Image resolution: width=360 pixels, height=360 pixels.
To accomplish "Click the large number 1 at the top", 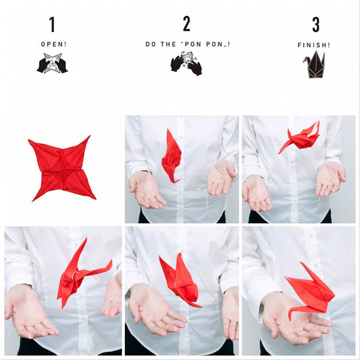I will pos(52,25).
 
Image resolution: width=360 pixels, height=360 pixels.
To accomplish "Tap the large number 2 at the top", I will pos(187,25).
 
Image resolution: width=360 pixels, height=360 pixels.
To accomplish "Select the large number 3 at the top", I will pos(316,25).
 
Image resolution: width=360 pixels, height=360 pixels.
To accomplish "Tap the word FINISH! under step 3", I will pos(314,45).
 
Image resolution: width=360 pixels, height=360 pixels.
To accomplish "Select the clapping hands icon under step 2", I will pos(186,64).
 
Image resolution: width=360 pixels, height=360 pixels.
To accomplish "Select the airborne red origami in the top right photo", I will pos(300,139).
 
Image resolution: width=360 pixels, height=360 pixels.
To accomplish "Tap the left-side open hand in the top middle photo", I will pos(145,190).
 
